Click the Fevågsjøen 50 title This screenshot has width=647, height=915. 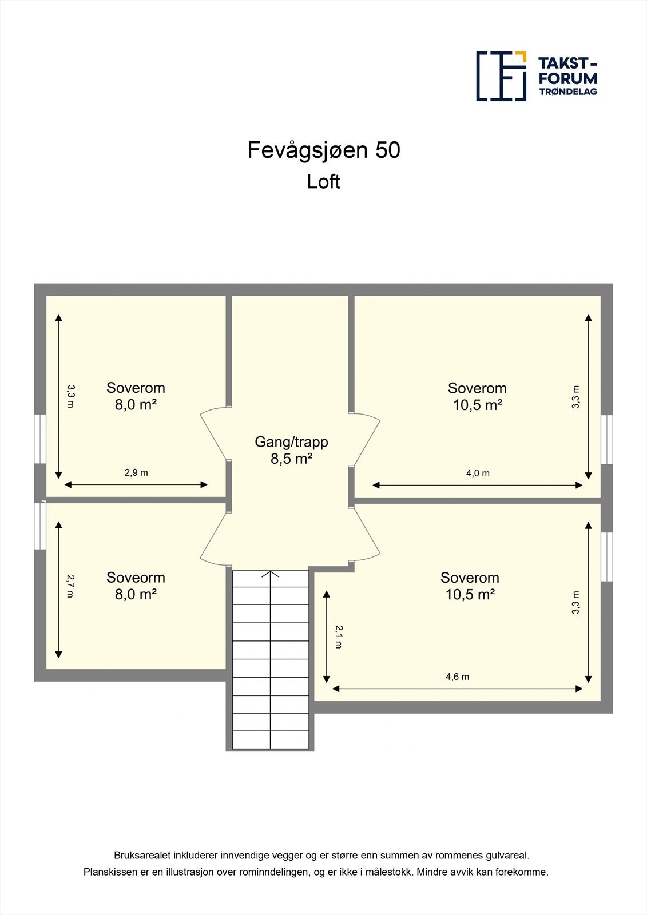tap(323, 150)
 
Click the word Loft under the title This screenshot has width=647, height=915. tap(323, 182)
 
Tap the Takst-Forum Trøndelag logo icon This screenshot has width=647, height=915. tap(501, 76)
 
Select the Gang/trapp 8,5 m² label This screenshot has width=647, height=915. tap(291, 449)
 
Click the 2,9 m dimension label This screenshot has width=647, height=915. tap(136, 472)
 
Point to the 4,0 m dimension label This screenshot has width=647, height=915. tap(478, 473)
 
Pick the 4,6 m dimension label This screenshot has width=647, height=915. tap(457, 677)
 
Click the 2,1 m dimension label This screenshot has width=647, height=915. tap(339, 636)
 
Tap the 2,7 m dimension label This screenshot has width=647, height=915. tap(70, 586)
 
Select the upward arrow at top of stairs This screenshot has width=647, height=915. tap(271, 574)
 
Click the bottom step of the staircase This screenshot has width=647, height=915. tap(271, 740)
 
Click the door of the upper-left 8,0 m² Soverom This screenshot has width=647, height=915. tap(214, 433)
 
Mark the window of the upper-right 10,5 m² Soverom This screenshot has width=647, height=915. tap(607, 439)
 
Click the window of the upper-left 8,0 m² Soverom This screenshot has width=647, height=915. tap(40, 439)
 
